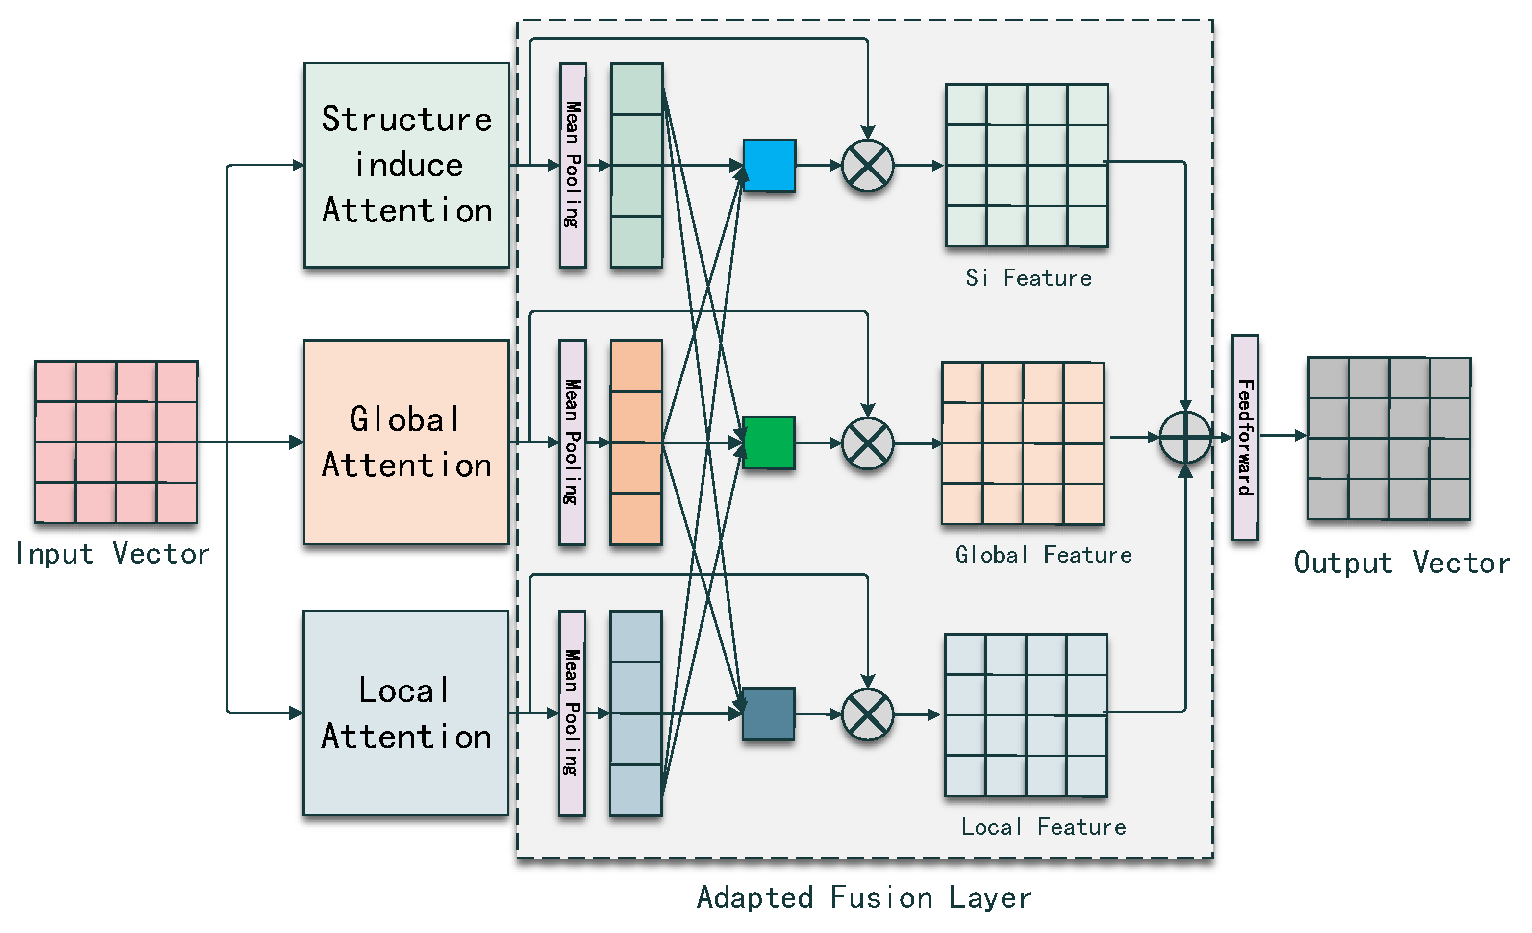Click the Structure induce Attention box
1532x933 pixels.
coord(406,165)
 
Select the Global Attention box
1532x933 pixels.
coord(406,442)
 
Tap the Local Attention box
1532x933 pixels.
coord(405,713)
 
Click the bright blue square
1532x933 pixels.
coord(769,165)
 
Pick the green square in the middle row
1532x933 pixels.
coord(769,442)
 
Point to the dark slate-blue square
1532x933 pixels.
coord(769,713)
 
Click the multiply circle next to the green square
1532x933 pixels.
coord(867,443)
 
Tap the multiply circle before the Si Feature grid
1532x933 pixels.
coord(867,166)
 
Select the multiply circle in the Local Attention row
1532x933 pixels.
coord(867,714)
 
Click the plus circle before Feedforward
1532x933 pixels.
coord(1185,438)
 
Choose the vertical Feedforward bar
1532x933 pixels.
coord(1245,438)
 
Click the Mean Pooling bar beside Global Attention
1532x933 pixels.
coord(572,442)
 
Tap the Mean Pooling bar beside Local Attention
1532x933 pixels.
coord(572,713)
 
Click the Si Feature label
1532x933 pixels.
coord(1029,278)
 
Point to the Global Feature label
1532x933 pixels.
coord(1043,554)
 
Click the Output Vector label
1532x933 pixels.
coord(1402,563)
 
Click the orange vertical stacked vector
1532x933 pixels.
coord(636,442)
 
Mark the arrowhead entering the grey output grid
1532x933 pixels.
coord(1300,436)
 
